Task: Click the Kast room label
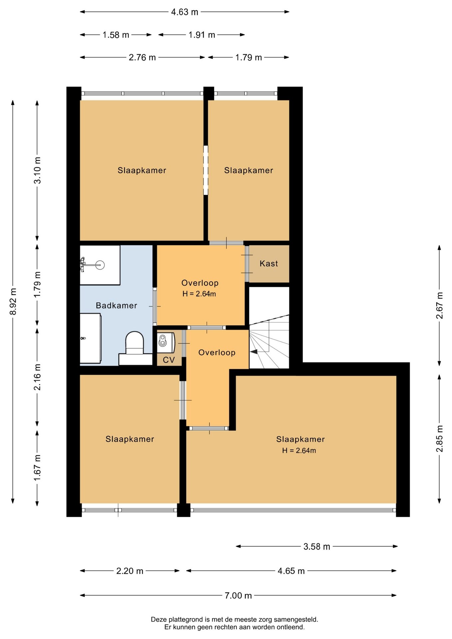coord(269,264)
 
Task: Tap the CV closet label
coord(169,360)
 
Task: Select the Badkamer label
coord(116,306)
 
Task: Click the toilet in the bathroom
coord(135,343)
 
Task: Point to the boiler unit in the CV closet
coord(166,342)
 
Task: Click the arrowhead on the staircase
coord(254,351)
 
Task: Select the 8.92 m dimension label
coord(13,302)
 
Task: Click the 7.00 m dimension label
coord(238,595)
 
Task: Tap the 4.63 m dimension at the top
coord(184,12)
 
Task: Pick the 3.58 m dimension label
coord(317,546)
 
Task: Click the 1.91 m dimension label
coord(202,35)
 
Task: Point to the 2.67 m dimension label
coord(440,306)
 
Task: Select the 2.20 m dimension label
coord(130,571)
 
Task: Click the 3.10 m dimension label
coord(37,170)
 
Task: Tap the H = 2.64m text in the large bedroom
coord(299,451)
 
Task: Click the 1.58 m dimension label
coord(116,35)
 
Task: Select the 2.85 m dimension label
coord(440,439)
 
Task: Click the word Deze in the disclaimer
coord(159,620)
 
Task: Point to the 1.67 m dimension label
coord(37,468)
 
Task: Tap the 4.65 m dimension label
coord(291,571)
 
